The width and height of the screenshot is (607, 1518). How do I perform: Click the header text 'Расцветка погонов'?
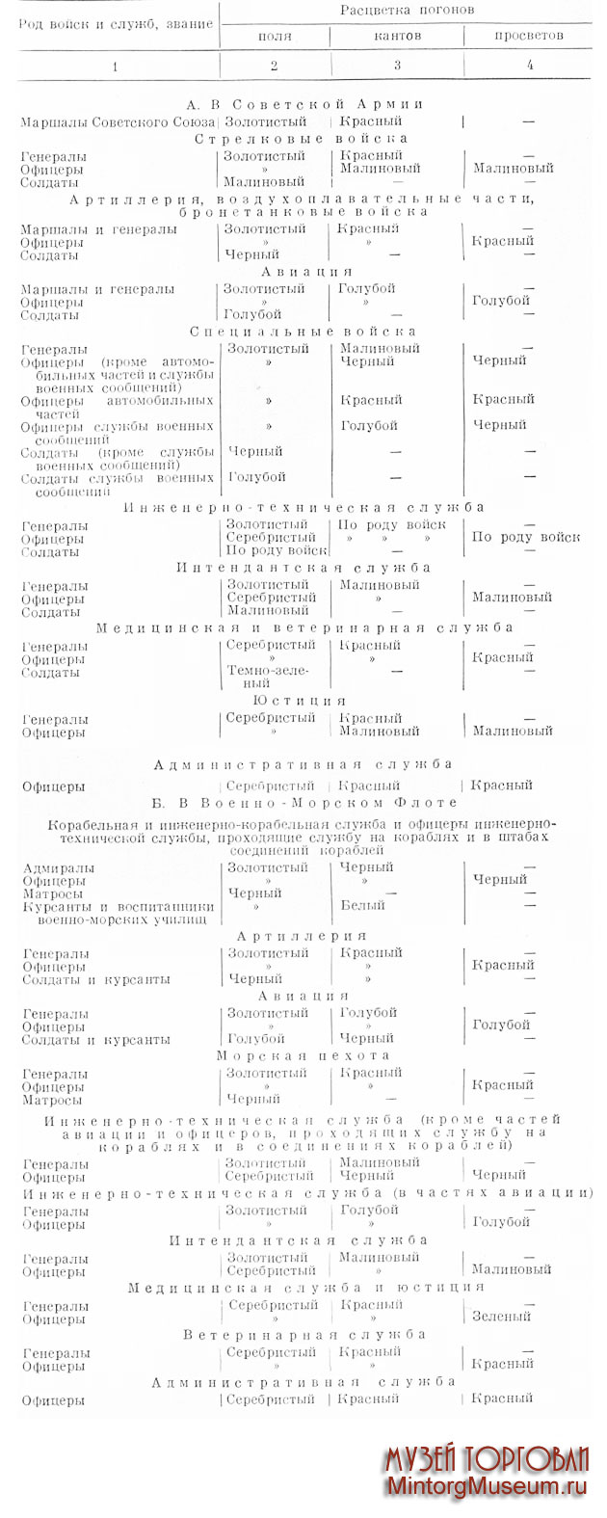406,10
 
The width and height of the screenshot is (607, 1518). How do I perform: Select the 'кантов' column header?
397,37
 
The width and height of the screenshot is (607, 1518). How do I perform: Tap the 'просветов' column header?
529,37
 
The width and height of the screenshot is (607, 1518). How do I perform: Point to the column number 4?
529,66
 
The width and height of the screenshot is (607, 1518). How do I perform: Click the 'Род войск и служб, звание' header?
115,23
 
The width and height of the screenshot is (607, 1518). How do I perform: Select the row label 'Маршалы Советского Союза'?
118,122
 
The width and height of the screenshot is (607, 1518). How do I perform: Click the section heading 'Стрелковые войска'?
301,139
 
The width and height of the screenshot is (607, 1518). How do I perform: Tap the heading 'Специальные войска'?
303,332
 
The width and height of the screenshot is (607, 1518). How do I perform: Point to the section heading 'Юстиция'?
299,701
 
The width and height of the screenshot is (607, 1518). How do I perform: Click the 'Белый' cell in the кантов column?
362,906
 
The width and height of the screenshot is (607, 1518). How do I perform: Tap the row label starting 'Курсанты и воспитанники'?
118,913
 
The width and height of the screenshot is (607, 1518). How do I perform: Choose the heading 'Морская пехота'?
303,1056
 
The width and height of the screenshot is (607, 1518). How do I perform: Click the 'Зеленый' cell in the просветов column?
501,1317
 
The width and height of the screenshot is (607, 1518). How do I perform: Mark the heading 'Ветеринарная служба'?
304,1335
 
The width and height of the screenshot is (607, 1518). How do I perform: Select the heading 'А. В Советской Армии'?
304,104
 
